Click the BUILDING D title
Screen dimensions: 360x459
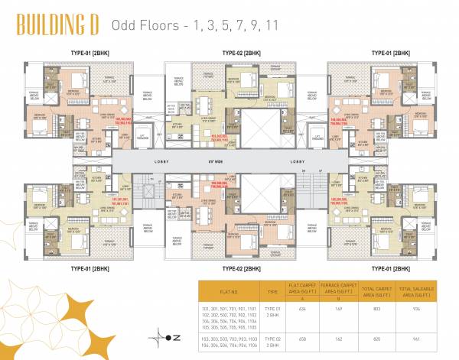[x=57, y=24]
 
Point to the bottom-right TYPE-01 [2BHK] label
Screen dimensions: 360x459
[x=391, y=269]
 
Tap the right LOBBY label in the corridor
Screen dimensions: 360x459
[x=298, y=161]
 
